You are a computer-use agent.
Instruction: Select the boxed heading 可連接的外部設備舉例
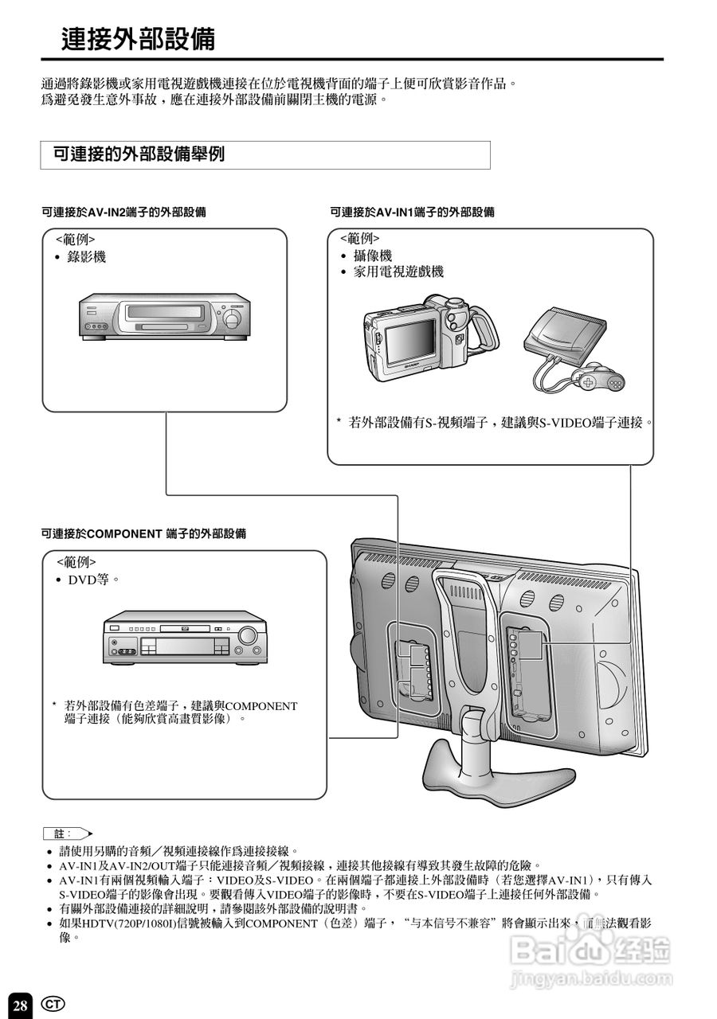[x=139, y=154]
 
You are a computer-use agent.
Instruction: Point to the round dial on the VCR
[x=232, y=318]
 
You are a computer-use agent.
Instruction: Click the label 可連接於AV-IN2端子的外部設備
[x=124, y=213]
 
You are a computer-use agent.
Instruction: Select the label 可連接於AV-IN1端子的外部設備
[x=412, y=213]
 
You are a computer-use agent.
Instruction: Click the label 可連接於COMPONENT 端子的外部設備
[x=143, y=533]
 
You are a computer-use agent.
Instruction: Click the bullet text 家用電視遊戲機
[x=398, y=271]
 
